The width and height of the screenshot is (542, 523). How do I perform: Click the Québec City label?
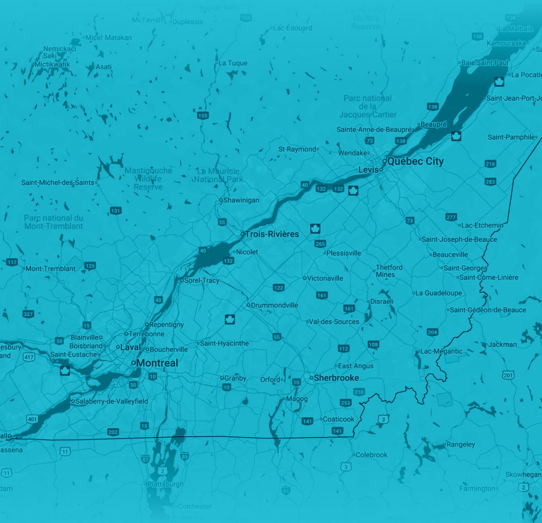pos(415,161)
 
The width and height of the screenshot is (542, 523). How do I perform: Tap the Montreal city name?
pos(157,363)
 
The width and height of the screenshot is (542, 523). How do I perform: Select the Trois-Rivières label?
pos(272,234)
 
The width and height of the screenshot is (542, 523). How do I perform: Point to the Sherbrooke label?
pos(336,378)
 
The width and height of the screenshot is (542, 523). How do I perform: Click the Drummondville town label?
pos(274,305)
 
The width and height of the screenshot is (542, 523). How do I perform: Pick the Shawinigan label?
pos(242,200)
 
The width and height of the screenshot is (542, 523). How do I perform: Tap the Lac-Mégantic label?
pos(441,351)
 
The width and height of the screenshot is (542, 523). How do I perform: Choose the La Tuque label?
pos(233,63)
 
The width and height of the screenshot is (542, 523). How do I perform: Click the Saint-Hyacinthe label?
pos(224,343)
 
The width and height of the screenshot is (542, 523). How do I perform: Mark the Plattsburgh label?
pos(165,484)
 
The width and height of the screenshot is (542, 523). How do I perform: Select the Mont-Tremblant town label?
pos(51,269)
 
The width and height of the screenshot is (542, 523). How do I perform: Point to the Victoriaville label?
pos(325,278)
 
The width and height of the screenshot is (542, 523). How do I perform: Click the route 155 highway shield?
pos(203,115)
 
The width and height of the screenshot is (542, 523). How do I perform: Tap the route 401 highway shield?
pos(32,419)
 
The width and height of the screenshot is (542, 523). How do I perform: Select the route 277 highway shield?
pos(451,217)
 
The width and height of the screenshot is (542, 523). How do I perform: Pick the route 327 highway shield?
pos(28,314)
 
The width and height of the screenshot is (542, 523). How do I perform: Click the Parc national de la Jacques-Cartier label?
pos(367,106)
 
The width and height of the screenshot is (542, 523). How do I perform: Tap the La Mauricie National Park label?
pos(218,175)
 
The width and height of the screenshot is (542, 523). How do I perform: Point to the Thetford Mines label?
pos(389,271)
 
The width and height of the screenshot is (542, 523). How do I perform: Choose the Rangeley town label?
pos(460,445)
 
